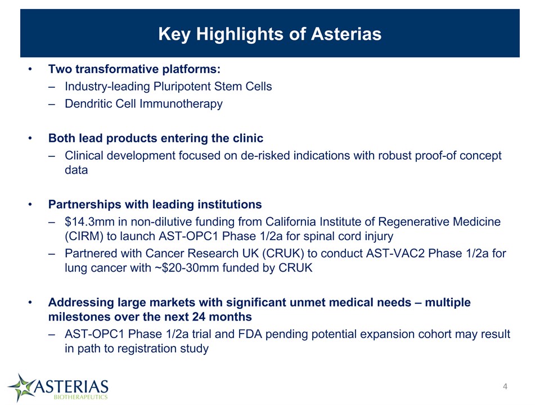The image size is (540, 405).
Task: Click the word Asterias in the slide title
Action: point(346,34)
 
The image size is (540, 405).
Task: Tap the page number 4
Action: point(505,386)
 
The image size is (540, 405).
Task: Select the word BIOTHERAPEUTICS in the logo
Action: point(80,397)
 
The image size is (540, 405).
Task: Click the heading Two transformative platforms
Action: point(134,69)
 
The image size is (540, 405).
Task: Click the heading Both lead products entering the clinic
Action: point(156,138)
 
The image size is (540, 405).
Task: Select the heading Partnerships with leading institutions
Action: point(155,204)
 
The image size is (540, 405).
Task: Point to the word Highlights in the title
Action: point(240,34)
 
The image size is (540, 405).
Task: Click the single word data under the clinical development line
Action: point(76,170)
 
